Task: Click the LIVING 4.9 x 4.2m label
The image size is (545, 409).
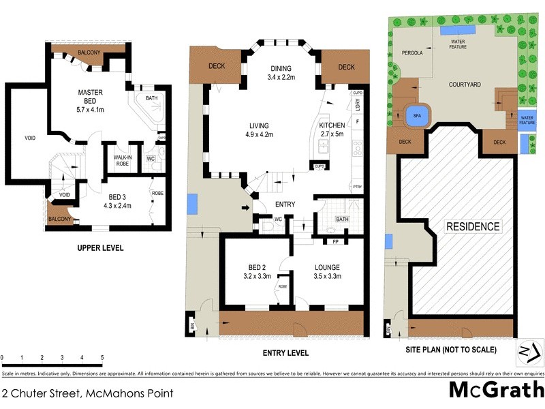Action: click(258, 130)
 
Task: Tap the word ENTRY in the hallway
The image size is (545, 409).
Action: click(285, 204)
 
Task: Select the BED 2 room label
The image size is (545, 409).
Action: click(257, 272)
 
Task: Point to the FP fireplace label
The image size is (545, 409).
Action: click(335, 241)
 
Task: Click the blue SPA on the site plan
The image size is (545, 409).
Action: click(416, 117)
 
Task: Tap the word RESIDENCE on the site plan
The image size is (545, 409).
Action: click(473, 226)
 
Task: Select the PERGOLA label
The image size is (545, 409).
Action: click(412, 52)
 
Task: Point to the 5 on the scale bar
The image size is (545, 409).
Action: click(102, 357)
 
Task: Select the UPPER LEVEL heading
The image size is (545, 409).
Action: click(100, 248)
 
